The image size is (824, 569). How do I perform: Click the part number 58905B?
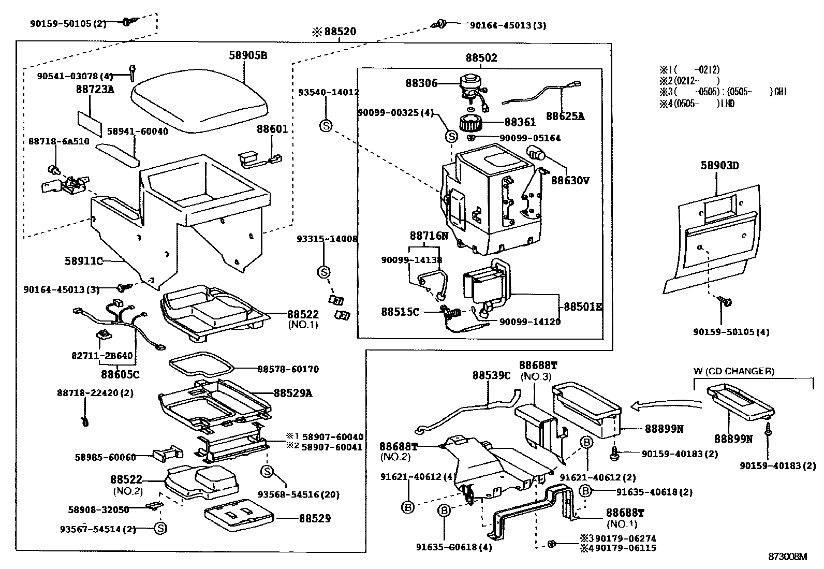tap(248, 55)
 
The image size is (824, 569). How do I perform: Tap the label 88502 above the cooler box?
tap(481, 58)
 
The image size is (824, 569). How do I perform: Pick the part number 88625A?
tap(565, 116)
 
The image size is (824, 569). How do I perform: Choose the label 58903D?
tap(719, 166)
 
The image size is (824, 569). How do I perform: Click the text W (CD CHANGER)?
tap(733, 371)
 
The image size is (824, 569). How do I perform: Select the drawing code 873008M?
tap(787, 557)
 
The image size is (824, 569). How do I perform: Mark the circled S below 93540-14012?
tap(326, 125)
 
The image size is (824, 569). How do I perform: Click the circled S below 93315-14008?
tap(323, 272)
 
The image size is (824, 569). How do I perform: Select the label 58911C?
tap(84, 261)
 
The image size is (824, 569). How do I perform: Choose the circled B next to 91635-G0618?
tap(444, 510)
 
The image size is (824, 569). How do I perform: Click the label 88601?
tap(272, 129)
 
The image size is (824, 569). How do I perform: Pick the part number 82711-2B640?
tap(102, 356)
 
